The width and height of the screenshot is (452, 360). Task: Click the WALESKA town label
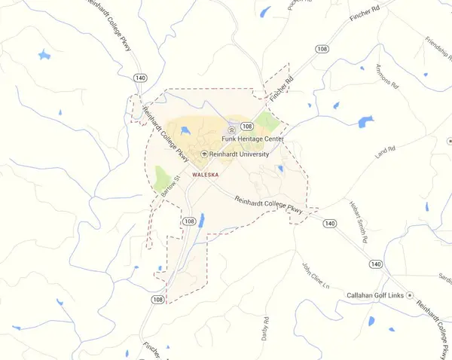[206, 174]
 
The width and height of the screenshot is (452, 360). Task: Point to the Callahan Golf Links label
[375, 295]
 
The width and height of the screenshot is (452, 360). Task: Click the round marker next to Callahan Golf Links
[410, 295]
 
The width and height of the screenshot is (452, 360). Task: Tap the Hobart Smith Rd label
[357, 221]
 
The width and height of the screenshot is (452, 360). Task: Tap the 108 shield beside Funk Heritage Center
[246, 127]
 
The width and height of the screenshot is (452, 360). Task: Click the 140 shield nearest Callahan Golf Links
[375, 264]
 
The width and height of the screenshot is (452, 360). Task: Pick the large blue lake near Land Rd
[365, 121]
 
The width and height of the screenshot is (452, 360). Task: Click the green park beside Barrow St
[161, 179]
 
